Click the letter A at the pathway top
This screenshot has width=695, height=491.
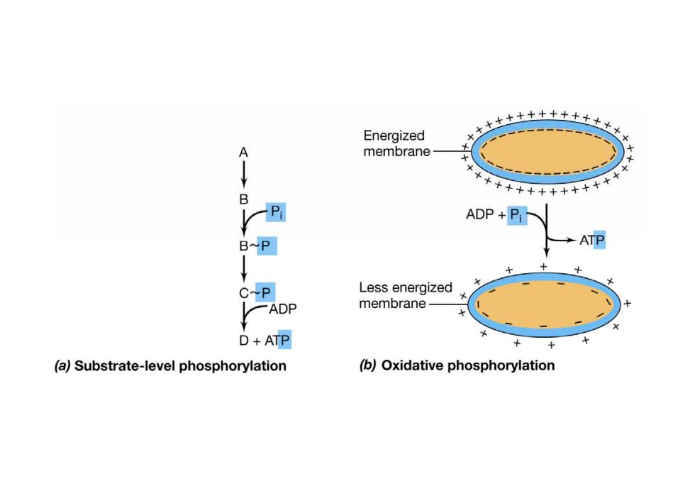243,153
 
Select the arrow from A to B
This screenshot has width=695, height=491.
244,175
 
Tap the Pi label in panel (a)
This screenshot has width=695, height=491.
276,212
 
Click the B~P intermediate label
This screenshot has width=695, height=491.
258,245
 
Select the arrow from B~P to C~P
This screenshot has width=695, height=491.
244,268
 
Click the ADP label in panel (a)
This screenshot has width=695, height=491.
283,309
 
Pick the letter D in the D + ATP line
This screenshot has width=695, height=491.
244,340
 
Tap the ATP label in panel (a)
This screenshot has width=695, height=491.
277,340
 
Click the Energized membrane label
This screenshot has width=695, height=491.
396,143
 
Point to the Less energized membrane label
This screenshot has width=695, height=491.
406,295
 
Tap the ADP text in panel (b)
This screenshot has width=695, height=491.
479,215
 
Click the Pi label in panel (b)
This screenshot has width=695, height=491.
516,215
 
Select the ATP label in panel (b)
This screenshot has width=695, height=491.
592,240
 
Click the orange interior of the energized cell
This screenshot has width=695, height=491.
547,152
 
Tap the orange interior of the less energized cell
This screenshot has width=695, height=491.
545,304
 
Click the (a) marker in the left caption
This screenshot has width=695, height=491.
62,366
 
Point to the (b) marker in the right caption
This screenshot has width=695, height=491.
368,365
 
